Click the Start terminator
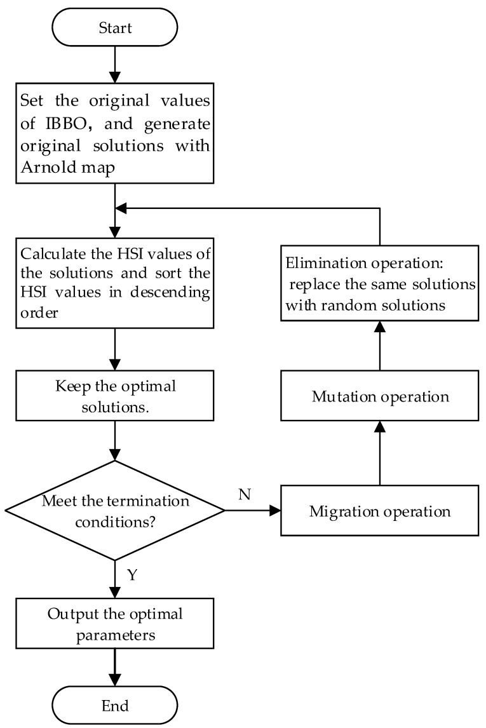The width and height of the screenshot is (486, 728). click(114, 27)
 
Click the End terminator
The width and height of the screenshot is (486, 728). click(114, 705)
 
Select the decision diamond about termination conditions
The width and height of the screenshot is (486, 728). click(114, 510)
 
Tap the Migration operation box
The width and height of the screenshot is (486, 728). click(380, 511)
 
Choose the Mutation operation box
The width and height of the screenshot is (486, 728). click(380, 396)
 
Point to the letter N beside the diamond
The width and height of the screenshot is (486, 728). click(244, 494)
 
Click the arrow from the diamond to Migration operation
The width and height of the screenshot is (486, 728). click(253, 510)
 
